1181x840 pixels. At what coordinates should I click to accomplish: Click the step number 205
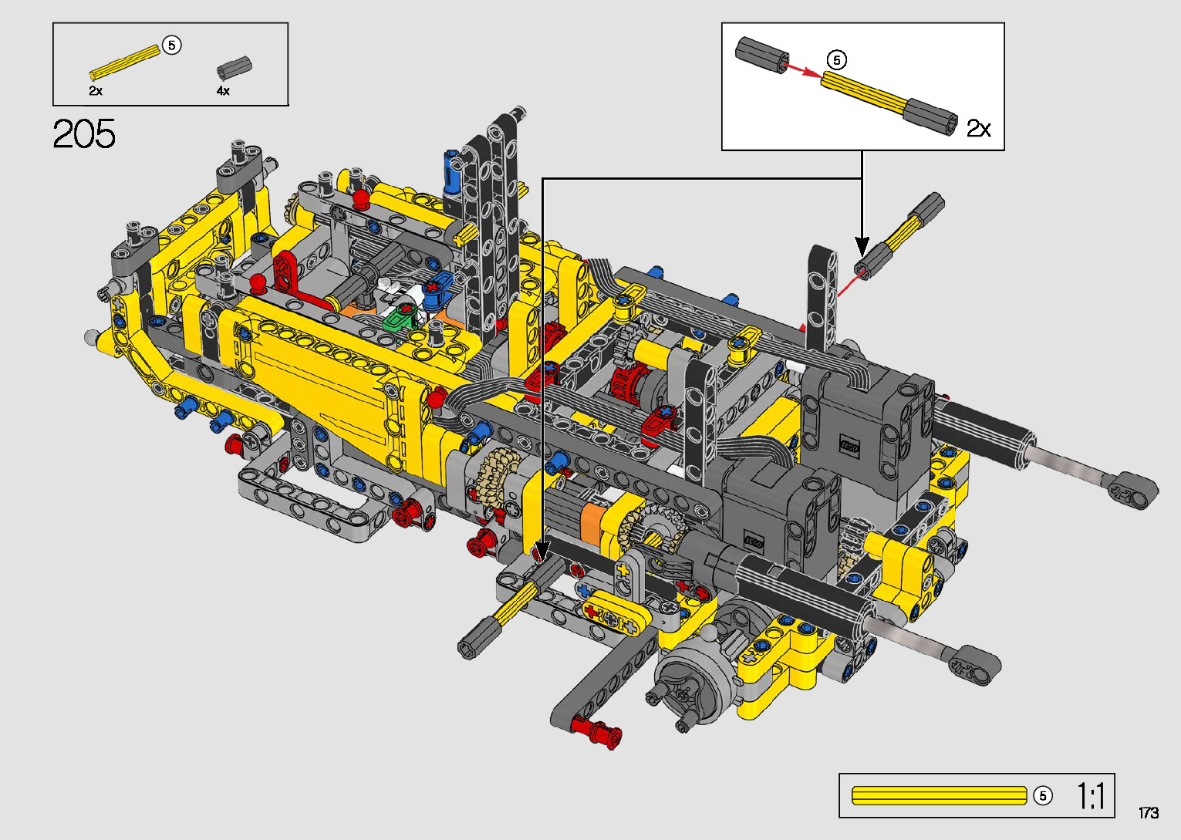(84, 134)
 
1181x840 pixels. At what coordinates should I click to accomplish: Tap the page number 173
(1149, 812)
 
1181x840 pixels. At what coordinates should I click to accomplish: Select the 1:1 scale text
(1090, 795)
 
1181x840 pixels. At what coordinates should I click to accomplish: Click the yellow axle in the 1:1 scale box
(940, 796)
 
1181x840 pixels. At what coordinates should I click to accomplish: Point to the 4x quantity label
(223, 91)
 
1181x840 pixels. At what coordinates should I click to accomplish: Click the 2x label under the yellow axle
(96, 91)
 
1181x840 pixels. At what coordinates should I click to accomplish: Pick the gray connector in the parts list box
(234, 69)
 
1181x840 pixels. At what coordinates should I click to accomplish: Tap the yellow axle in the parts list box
(124, 62)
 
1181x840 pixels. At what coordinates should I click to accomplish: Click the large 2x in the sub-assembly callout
(979, 128)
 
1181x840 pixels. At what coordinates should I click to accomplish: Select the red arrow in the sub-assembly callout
(802, 70)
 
